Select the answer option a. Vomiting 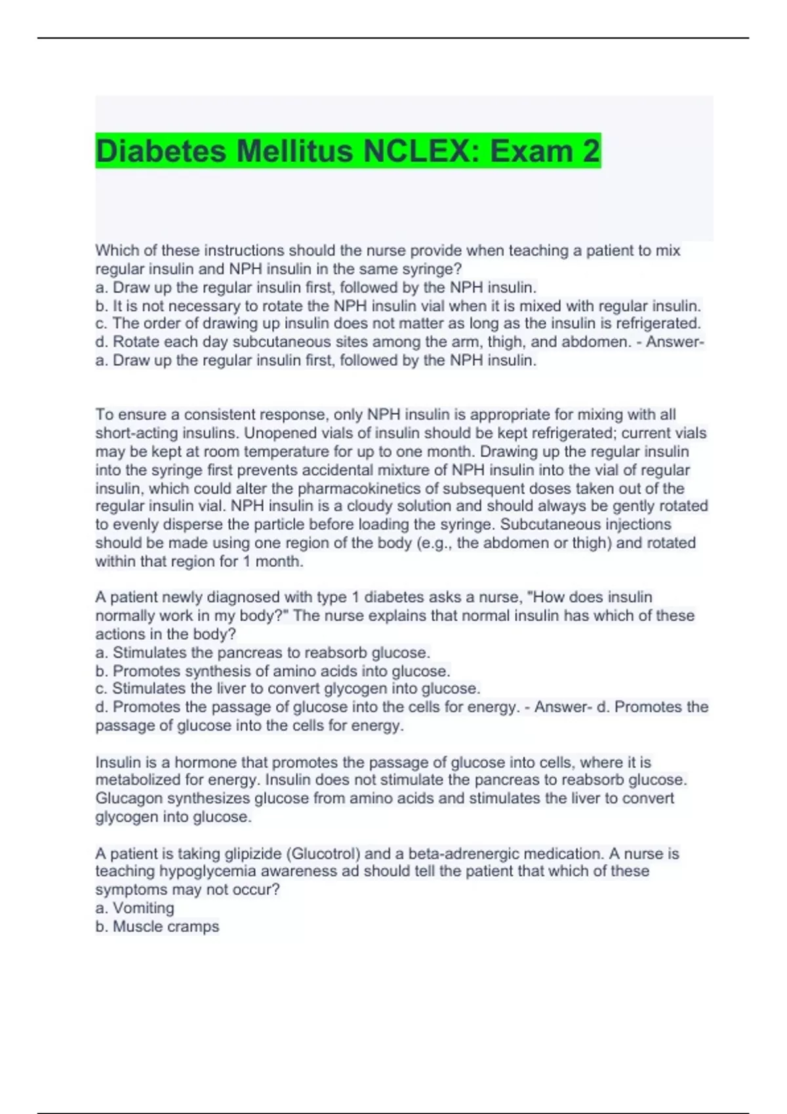point(135,908)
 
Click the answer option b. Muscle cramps point(157,927)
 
